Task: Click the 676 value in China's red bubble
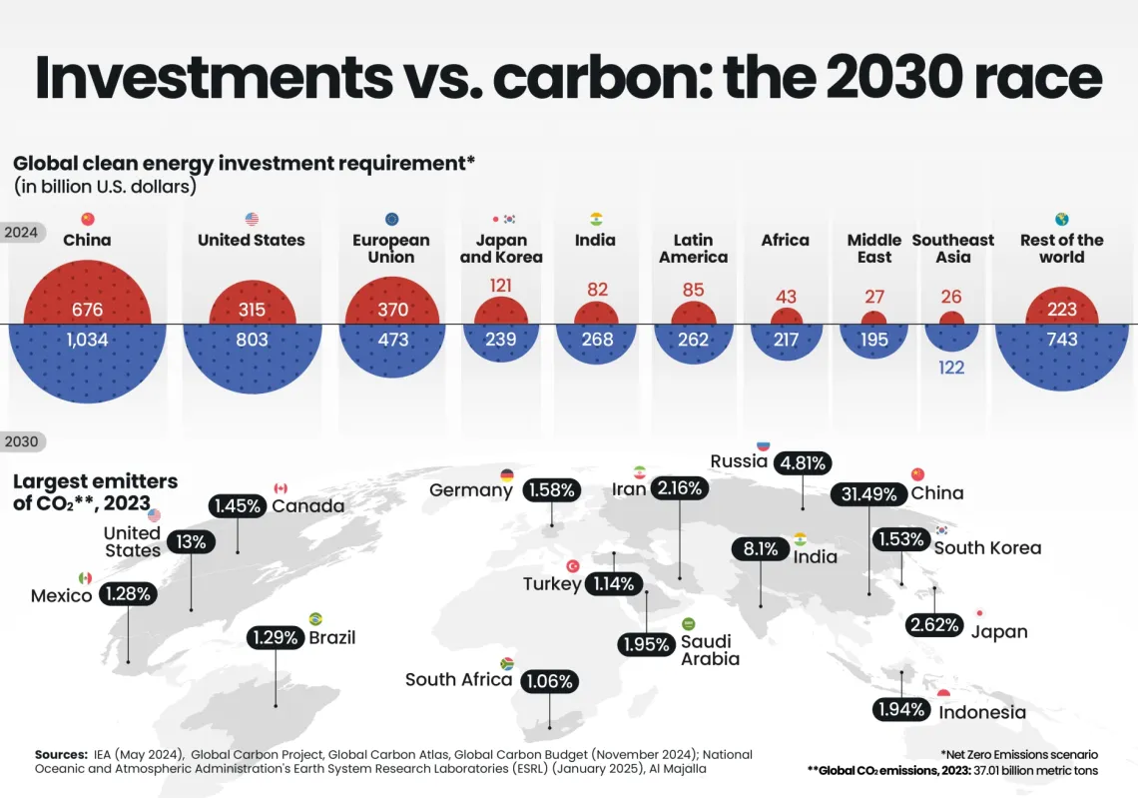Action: coord(87,310)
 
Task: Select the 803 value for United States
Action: coord(252,340)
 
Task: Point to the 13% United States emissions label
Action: coord(192,542)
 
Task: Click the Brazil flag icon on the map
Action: coord(315,619)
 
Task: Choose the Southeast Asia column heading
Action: coord(952,248)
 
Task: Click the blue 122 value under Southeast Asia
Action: coord(951,368)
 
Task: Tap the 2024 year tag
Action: coord(21,232)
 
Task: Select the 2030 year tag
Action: coord(21,440)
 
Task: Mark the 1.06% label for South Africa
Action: coord(548,682)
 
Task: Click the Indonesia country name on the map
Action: coord(981,712)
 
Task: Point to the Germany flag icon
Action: coord(507,475)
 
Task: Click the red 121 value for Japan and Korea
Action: coord(500,286)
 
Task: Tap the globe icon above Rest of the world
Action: coord(1061,219)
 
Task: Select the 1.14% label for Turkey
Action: coord(613,583)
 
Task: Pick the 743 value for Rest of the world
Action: coord(1061,340)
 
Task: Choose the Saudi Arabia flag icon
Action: coord(688,624)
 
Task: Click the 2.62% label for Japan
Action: coord(935,626)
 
